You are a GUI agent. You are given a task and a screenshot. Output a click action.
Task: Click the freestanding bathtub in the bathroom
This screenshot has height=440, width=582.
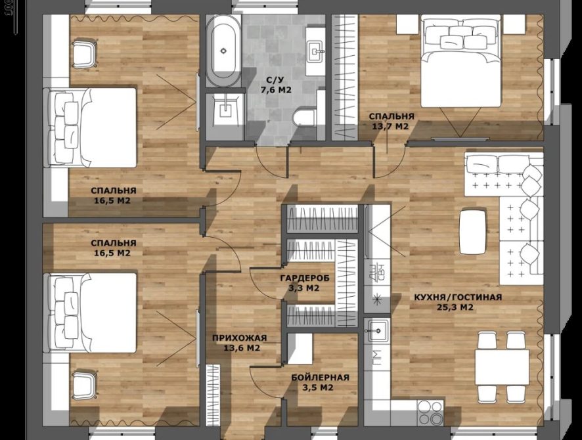coord(223,51)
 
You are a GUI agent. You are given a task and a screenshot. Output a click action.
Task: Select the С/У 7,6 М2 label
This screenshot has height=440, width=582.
coord(275,85)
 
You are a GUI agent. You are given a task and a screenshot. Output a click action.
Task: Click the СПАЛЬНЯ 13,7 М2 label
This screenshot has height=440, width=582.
coord(392,121)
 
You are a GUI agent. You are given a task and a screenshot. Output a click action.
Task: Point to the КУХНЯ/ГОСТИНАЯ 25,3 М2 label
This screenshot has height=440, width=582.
coord(458,302)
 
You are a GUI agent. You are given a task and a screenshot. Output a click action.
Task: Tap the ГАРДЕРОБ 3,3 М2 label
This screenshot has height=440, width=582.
coord(304,282)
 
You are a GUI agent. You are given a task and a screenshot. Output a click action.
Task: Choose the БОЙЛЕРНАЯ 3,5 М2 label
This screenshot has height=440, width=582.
coord(320,382)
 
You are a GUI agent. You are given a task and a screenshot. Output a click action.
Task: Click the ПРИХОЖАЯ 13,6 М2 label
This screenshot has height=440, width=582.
coord(239,343)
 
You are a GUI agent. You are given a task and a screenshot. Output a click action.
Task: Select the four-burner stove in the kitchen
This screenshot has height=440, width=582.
coord(430,413)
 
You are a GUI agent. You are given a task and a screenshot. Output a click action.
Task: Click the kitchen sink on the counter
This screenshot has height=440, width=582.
coord(377,330)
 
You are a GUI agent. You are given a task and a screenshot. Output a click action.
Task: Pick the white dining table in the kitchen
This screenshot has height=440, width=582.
coord(502,368)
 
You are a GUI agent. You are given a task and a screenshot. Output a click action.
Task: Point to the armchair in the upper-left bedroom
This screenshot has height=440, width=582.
coord(84,54)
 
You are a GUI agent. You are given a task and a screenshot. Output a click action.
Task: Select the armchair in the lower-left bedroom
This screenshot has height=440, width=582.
coord(84,386)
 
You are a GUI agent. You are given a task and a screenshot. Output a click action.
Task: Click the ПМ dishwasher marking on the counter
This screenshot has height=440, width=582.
coord(377,358)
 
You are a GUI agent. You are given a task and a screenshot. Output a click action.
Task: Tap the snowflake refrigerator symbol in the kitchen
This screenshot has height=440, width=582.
coord(377,299)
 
